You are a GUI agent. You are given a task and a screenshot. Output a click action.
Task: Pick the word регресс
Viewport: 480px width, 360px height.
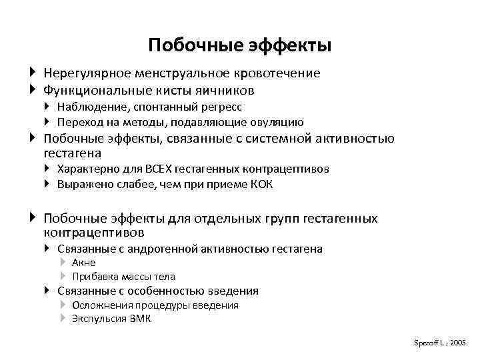221,107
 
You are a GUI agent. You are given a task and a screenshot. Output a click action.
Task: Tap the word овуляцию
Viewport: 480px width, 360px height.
277,122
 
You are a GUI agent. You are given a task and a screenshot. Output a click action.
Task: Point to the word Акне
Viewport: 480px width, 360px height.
84,263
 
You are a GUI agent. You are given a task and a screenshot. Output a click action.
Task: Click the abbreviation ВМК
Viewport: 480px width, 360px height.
141,319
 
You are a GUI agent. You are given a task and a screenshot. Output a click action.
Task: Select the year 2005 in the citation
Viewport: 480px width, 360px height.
457,342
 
